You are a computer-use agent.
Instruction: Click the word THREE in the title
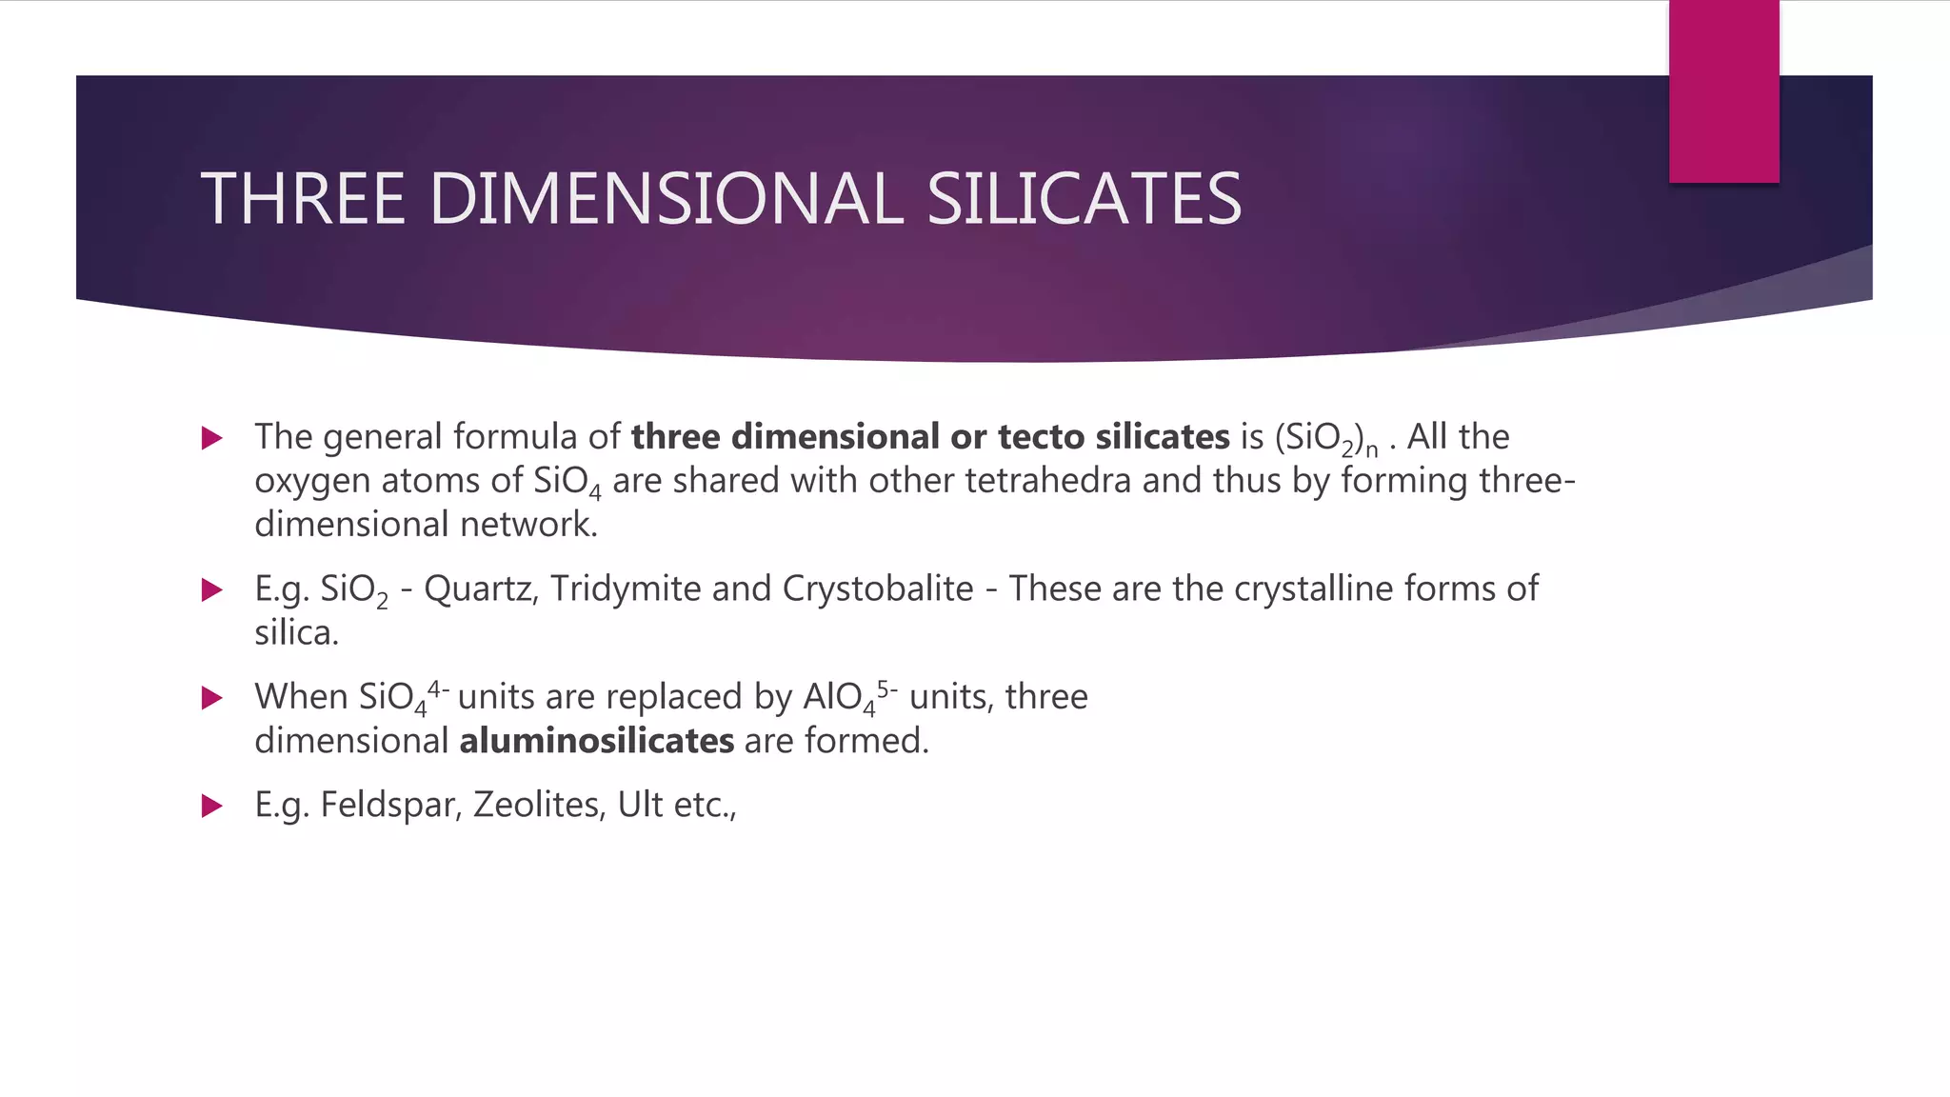[x=303, y=199]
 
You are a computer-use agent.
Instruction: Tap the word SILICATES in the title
[x=1084, y=199]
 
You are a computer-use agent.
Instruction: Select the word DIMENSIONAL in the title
[x=666, y=199]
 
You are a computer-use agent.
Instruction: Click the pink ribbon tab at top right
[x=1723, y=91]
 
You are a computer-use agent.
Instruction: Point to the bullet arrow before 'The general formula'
[x=212, y=438]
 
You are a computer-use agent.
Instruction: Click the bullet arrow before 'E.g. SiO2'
[x=212, y=590]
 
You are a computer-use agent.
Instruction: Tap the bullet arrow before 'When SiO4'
[x=212, y=698]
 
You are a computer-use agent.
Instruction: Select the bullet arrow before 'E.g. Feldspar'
[x=212, y=807]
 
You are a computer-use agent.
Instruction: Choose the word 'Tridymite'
[x=626, y=589]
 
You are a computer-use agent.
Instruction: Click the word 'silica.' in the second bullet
[x=296, y=632]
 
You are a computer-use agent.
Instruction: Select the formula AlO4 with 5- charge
[x=849, y=697]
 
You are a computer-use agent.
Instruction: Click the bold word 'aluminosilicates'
[x=597, y=740]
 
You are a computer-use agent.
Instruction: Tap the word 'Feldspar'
[x=391, y=805]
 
